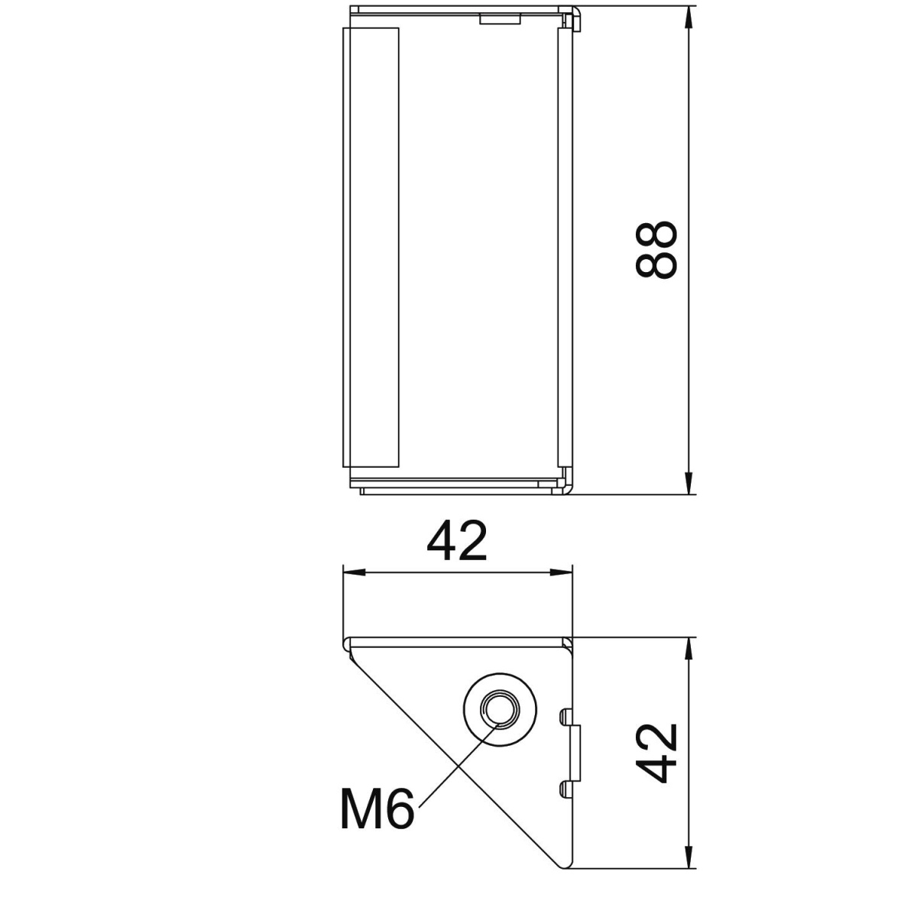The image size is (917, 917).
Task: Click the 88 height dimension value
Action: pyautogui.click(x=656, y=250)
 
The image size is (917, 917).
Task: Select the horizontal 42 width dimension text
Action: pyautogui.click(x=456, y=542)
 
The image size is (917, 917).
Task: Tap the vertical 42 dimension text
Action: pyautogui.click(x=657, y=753)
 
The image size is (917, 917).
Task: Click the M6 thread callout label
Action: pyautogui.click(x=377, y=809)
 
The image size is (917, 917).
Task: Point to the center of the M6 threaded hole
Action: pyautogui.click(x=498, y=709)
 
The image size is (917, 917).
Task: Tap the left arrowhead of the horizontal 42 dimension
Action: pyautogui.click(x=353, y=572)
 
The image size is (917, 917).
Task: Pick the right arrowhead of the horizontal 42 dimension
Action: pyautogui.click(x=563, y=572)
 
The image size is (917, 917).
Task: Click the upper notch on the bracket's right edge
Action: pyautogui.click(x=565, y=715)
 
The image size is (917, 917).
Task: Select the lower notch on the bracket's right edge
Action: pyautogui.click(x=565, y=787)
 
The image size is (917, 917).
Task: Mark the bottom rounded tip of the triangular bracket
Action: pyautogui.click(x=564, y=864)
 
